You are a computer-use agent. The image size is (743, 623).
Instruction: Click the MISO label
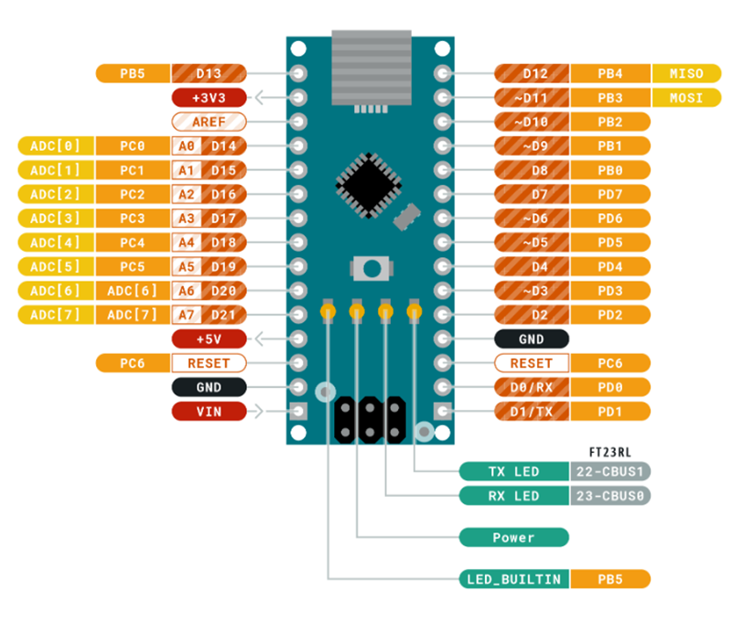pos(686,73)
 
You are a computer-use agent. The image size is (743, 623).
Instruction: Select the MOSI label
pos(686,97)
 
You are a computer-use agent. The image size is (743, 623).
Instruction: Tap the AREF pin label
pos(209,122)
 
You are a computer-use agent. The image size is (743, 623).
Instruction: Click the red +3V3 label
pos(209,97)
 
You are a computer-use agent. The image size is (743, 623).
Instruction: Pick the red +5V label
pos(209,339)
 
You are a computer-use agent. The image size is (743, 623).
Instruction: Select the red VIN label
pos(209,412)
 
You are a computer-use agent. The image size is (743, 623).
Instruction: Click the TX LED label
pos(513,472)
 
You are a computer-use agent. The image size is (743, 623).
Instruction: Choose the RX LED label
pos(513,496)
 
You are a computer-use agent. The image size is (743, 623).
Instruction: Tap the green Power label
pos(513,538)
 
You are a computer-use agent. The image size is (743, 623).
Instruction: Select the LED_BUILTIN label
pos(513,579)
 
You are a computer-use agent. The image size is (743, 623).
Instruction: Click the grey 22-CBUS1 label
pos(610,472)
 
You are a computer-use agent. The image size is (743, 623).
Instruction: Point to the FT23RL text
pos(618,453)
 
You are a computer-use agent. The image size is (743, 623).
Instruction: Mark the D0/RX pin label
pos(532,387)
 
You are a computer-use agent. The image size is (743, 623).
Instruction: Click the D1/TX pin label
pos(532,412)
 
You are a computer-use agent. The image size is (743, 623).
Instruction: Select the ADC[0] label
pos(55,145)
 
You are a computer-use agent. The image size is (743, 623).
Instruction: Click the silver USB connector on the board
pos(371,69)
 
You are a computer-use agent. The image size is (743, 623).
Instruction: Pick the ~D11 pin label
pos(532,97)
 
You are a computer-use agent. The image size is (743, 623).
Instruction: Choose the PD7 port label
pos(610,194)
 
